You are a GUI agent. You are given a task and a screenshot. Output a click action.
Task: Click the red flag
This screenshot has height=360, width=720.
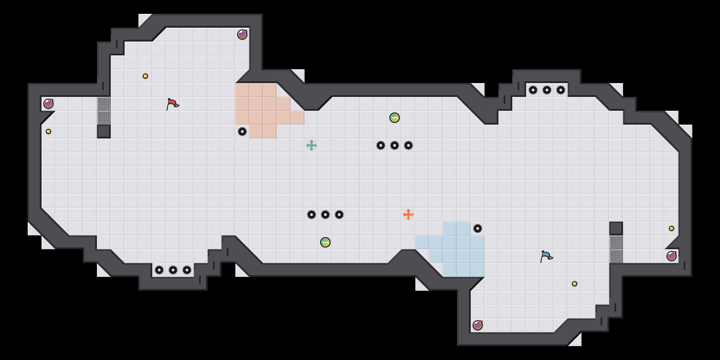[x=172, y=104]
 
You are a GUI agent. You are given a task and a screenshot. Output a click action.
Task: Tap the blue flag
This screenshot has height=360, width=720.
[x=546, y=256]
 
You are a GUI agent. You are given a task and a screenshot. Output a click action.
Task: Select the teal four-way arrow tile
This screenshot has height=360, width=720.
[x=312, y=145]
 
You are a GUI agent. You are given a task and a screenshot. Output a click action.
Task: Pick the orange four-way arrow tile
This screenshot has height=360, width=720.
[x=408, y=215]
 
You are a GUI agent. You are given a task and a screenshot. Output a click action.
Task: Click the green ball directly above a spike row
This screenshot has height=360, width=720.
[x=395, y=118]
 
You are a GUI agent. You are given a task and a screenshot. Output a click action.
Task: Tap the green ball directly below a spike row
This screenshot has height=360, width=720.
[x=325, y=242]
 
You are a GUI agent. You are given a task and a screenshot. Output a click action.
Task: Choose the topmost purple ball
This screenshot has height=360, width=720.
[x=242, y=35]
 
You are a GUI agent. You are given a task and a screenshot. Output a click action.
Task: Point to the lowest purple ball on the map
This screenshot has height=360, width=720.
[x=478, y=325]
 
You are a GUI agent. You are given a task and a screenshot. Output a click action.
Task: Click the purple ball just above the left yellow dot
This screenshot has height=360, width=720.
[x=48, y=104]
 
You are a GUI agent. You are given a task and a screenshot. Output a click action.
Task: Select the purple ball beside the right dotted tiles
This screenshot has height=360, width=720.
[x=672, y=256]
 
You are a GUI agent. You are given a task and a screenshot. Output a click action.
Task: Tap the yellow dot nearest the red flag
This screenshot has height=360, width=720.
[x=145, y=76]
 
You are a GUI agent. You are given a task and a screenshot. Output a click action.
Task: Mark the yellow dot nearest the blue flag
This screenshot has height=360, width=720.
[x=575, y=284]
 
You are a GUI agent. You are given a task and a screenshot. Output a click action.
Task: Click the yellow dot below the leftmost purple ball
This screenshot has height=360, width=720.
[x=48, y=132]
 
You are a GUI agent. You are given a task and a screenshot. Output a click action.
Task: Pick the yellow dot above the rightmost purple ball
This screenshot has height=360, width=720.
[x=672, y=228]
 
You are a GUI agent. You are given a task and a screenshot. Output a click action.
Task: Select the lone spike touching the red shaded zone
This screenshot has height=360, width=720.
[x=242, y=132]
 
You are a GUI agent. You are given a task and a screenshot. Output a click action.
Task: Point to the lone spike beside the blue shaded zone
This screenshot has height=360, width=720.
[x=478, y=228]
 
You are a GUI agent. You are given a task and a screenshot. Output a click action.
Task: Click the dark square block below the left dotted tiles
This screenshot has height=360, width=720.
[x=104, y=132]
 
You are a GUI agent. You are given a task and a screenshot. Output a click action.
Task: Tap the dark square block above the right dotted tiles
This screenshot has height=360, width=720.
[x=616, y=228]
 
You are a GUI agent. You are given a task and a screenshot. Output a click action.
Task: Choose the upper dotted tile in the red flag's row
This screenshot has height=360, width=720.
[x=104, y=104]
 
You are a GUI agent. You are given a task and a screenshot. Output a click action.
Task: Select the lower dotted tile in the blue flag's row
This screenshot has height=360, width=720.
[x=616, y=256]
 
